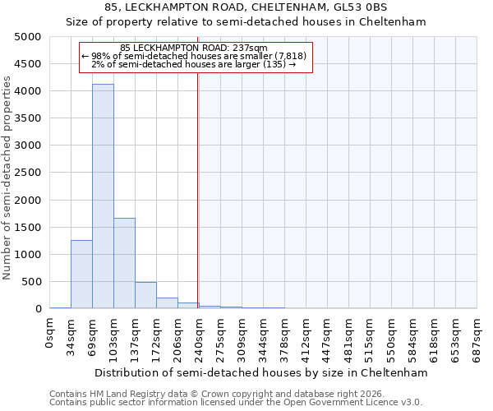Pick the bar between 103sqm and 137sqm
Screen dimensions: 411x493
click(124, 263)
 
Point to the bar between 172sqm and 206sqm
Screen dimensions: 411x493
click(167, 302)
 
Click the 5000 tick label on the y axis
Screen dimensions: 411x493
click(29, 37)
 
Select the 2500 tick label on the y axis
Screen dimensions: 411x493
click(29, 173)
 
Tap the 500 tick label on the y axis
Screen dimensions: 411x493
click(32, 282)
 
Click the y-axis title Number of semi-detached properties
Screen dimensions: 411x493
click(8, 177)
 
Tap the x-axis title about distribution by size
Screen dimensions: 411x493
click(261, 372)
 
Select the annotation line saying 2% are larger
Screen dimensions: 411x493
click(194, 64)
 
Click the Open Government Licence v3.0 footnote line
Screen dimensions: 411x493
click(236, 403)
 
